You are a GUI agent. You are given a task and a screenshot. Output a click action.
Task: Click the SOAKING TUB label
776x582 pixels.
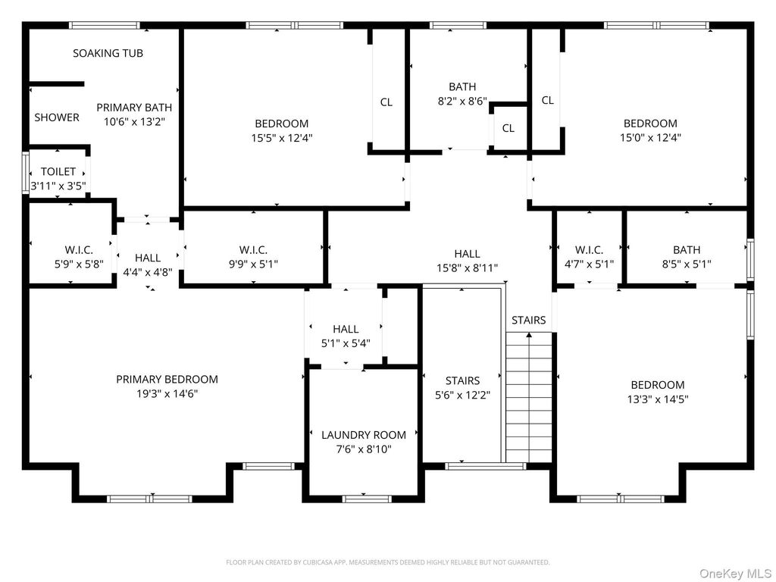108,53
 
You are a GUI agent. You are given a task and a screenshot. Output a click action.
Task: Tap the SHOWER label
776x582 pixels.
57,117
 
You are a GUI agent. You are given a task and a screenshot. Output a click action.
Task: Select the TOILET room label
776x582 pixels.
58,171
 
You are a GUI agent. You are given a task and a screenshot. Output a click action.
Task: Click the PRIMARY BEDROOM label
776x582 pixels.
167,379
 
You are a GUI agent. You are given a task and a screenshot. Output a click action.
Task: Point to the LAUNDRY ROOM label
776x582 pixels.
364,434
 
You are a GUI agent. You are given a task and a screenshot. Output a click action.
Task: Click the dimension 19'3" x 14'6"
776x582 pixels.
167,394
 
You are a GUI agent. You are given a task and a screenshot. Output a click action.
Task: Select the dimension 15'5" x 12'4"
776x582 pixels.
282,138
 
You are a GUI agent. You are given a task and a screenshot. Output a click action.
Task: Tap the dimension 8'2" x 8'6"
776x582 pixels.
462,102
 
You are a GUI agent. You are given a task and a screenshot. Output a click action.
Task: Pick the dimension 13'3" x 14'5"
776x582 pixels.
658,399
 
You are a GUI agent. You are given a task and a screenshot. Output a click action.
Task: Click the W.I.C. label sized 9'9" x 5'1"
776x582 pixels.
253,250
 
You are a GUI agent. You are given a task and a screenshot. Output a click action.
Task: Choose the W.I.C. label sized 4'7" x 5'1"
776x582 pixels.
589,250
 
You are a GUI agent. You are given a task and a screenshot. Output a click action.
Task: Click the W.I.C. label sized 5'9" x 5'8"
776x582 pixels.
79,250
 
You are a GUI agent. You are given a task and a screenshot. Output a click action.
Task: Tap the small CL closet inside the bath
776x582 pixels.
508,128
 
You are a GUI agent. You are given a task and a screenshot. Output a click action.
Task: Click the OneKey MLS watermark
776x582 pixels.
735,574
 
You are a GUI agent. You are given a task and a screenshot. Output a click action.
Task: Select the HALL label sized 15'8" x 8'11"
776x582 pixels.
467,253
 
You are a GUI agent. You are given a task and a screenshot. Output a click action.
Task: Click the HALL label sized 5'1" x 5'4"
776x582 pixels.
346,329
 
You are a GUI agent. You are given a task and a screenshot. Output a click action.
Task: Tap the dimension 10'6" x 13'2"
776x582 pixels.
134,122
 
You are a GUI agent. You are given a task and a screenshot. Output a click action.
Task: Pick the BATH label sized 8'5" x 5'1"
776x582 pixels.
687,250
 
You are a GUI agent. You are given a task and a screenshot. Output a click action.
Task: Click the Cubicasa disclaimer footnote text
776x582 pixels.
387,562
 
